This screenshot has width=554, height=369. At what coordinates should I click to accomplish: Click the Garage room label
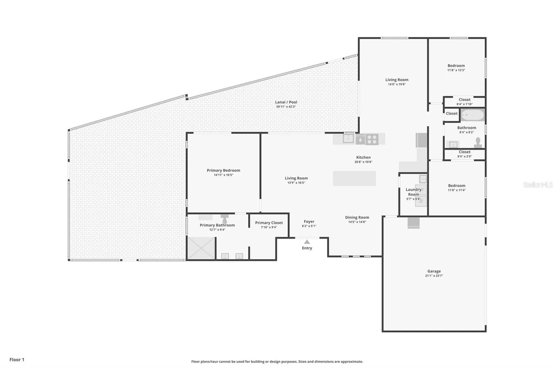434,271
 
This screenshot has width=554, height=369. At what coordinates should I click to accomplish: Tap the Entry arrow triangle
307,242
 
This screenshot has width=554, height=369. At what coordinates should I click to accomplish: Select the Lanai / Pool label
286,102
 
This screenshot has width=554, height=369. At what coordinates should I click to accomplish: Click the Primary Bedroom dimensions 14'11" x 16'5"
224,175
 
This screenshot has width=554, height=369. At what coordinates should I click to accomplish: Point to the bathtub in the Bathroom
473,115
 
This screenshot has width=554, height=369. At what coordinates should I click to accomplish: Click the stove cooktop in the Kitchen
372,139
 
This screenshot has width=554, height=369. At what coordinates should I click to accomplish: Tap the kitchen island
354,178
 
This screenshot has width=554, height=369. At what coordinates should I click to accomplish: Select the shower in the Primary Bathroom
201,248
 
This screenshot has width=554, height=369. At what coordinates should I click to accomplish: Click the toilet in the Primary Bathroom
225,219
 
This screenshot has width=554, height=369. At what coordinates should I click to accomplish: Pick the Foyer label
309,222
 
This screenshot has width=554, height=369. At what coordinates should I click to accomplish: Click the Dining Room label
357,217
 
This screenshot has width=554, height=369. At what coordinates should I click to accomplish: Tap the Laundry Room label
414,192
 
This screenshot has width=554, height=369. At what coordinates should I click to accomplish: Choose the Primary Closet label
269,223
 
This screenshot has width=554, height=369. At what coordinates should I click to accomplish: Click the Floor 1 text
17,359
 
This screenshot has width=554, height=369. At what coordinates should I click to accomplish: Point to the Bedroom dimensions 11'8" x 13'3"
456,70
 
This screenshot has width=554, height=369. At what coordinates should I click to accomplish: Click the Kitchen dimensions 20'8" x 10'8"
363,162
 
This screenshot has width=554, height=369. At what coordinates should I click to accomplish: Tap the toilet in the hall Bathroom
478,142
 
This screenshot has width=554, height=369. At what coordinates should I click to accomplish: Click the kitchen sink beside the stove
348,139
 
